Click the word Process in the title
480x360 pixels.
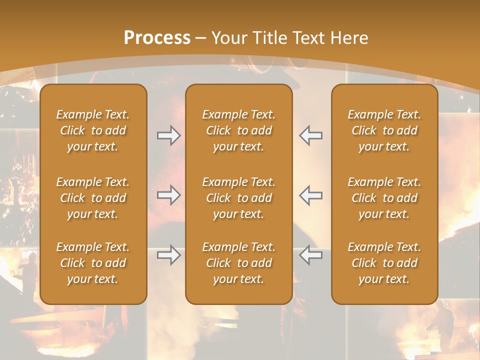(157, 38)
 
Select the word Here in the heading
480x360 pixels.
(347, 38)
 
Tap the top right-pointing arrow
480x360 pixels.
(169, 135)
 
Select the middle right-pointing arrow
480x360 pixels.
(169, 194)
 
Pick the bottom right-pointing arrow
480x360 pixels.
(169, 255)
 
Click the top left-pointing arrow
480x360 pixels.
(310, 135)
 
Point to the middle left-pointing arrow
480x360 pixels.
(310, 194)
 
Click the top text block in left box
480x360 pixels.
(93, 130)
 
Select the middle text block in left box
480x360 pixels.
(93, 198)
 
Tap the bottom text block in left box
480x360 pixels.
(93, 263)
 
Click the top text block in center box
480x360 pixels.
(238, 130)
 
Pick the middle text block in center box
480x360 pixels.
(238, 198)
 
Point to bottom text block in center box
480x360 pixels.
(238, 263)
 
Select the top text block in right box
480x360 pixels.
(384, 130)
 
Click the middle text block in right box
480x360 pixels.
(384, 198)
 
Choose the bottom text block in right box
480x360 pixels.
(384, 263)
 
